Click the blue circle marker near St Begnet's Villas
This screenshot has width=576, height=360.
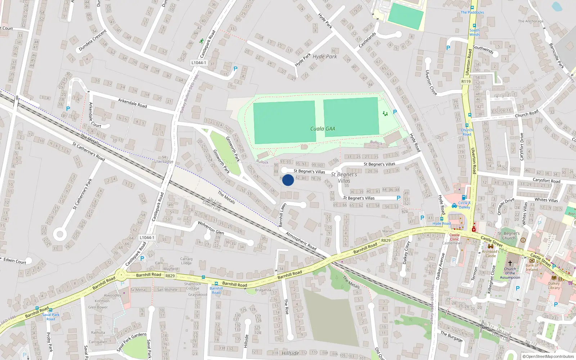[288, 180]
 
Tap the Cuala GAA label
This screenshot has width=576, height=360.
[323, 129]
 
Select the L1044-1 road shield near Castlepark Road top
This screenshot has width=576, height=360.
[199, 63]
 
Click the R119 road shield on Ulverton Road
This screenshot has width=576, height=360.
[466, 81]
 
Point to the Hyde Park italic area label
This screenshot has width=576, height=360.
[325, 57]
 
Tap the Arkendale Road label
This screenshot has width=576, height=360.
[132, 103]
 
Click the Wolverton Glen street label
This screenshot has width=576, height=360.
[211, 228]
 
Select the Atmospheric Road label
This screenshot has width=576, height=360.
[301, 241]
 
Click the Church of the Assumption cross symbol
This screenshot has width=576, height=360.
[510, 263]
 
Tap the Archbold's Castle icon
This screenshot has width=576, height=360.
[490, 246]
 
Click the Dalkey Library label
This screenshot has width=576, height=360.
[554, 285]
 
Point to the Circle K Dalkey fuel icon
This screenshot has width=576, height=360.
[464, 197]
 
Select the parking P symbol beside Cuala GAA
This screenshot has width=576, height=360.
[395, 112]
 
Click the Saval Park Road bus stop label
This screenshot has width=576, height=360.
[51, 317]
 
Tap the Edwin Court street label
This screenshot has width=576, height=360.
[15, 261]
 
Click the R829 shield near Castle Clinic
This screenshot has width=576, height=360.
[386, 240]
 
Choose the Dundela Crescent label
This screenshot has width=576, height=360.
[93, 40]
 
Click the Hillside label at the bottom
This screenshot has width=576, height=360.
[290, 354]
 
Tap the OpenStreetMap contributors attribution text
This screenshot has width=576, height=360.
[548, 356]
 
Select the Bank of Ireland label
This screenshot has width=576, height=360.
[532, 267]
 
